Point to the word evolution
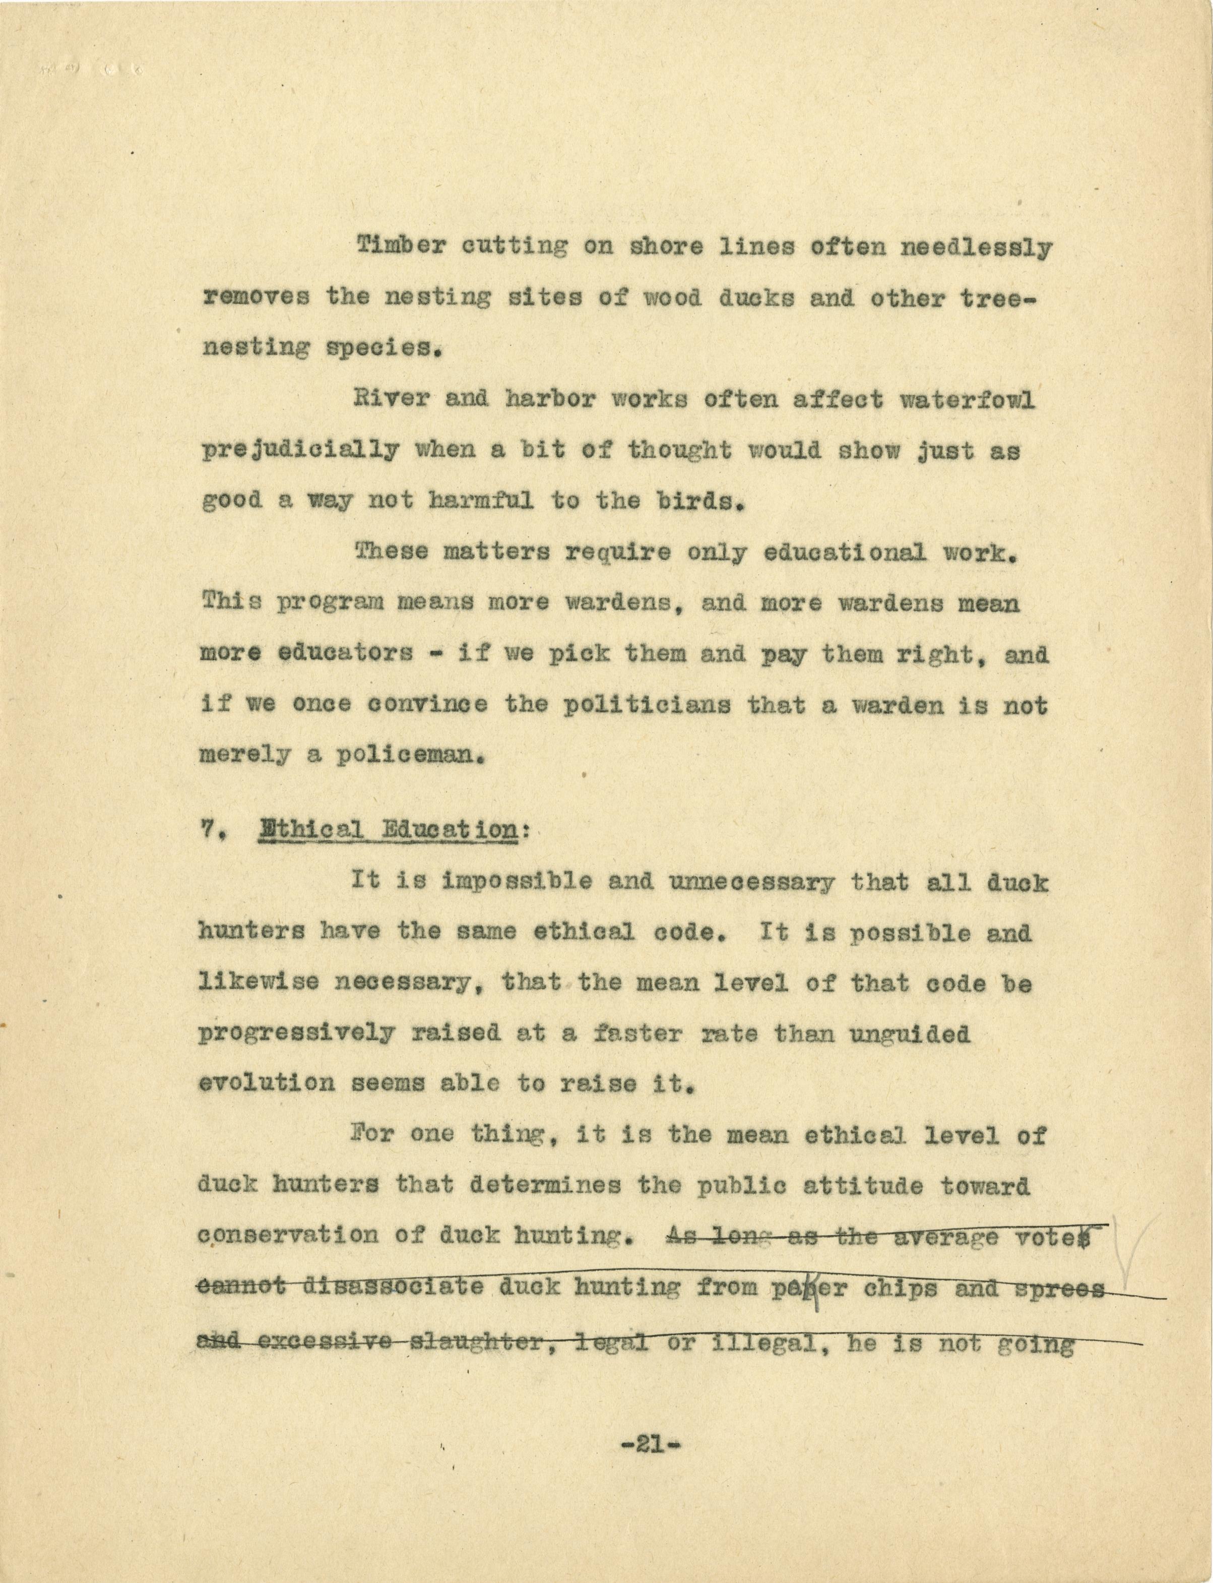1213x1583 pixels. tap(267, 1083)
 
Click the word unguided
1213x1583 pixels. tap(908, 1034)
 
